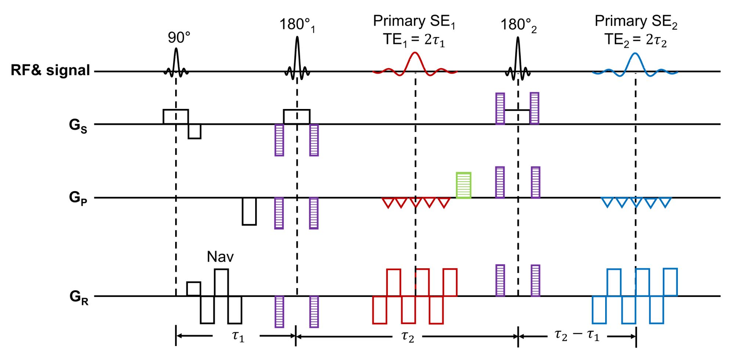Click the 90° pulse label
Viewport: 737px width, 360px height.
click(x=179, y=38)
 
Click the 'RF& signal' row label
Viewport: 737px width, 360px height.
click(x=50, y=70)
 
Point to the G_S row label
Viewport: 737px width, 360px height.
click(x=78, y=127)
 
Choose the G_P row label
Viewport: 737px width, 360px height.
click(x=78, y=199)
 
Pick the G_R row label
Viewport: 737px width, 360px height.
click(x=79, y=297)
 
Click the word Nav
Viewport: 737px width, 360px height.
click(x=220, y=257)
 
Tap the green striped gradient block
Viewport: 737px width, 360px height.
click(x=463, y=185)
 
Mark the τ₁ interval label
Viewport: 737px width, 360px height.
click(x=238, y=336)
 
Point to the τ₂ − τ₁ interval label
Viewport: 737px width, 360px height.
click(x=577, y=336)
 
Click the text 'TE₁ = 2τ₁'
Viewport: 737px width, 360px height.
click(x=414, y=40)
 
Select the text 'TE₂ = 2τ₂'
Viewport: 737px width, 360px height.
click(x=635, y=40)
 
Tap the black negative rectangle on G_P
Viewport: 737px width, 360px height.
click(x=249, y=211)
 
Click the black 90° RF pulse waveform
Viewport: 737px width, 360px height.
click(x=176, y=62)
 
